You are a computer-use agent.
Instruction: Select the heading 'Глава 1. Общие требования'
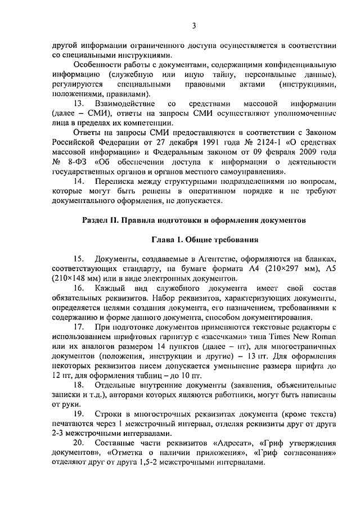(205, 240)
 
